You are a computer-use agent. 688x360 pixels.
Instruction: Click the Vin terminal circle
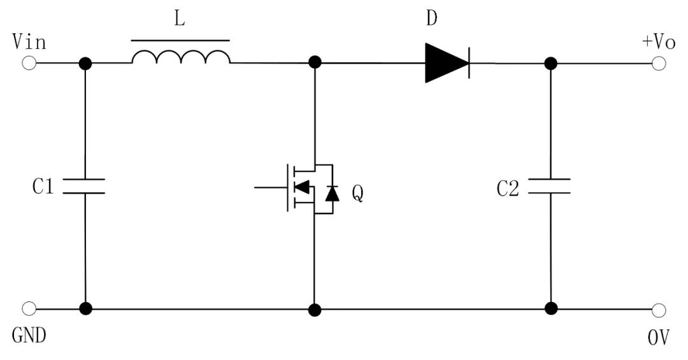click(x=29, y=63)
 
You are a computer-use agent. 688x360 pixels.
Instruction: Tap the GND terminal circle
click(x=29, y=309)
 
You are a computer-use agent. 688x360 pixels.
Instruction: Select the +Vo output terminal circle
click(x=659, y=63)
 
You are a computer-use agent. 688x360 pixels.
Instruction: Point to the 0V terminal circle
click(x=659, y=310)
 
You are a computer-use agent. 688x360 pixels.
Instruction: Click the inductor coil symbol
click(x=181, y=57)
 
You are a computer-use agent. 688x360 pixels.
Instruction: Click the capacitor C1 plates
click(x=85, y=185)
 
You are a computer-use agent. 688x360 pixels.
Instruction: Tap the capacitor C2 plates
click(x=551, y=185)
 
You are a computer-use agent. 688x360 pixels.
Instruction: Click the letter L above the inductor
click(x=180, y=20)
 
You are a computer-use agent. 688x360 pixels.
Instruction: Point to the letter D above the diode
click(x=432, y=18)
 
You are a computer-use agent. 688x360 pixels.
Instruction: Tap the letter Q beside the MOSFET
click(x=358, y=193)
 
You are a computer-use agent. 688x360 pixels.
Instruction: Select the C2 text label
click(x=508, y=188)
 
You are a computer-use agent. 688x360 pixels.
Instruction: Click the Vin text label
click(x=29, y=42)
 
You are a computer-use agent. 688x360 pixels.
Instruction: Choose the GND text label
click(x=29, y=335)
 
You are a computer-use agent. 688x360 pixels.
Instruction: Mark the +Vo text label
click(x=658, y=42)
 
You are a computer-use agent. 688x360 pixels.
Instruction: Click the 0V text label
click(x=659, y=336)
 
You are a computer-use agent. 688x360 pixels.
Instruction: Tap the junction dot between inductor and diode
click(x=314, y=63)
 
